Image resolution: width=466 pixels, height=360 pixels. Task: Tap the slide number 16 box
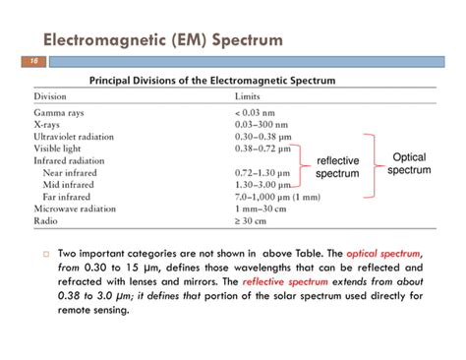28,61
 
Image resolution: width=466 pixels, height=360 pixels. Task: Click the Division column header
52,97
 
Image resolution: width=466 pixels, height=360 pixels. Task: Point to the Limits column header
248,97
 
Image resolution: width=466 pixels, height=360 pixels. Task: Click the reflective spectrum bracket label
337,167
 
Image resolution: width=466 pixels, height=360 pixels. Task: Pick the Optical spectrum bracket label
409,163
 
